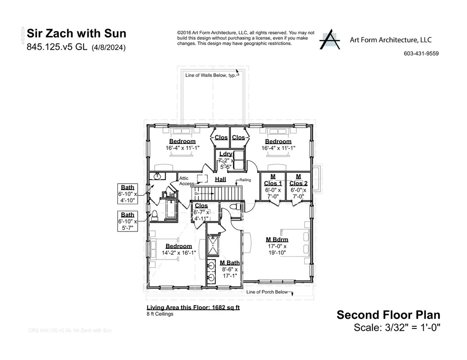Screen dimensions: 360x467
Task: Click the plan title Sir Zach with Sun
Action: pyautogui.click(x=77, y=33)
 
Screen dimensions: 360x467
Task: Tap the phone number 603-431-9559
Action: pyautogui.click(x=421, y=53)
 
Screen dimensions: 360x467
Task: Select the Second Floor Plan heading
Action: pyautogui.click(x=388, y=315)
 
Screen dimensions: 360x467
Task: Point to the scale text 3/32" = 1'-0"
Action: pyautogui.click(x=397, y=327)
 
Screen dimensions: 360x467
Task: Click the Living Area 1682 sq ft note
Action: pyautogui.click(x=193, y=308)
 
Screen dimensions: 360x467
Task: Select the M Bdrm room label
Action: pyautogui.click(x=277, y=240)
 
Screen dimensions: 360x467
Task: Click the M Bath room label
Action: pyautogui.click(x=229, y=263)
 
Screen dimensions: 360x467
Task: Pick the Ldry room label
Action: pyautogui.click(x=226, y=154)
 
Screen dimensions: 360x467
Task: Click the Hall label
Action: pyautogui.click(x=220, y=180)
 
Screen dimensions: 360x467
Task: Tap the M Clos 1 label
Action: pyautogui.click(x=273, y=180)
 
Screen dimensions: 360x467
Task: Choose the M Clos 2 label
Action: pyautogui.click(x=298, y=180)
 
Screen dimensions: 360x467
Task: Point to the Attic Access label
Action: pyautogui.click(x=187, y=181)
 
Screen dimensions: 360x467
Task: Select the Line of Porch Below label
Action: pyautogui.click(x=267, y=292)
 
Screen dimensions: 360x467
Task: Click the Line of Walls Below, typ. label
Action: pyautogui.click(x=210, y=76)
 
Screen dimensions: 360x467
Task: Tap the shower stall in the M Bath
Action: pyautogui.click(x=213, y=246)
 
